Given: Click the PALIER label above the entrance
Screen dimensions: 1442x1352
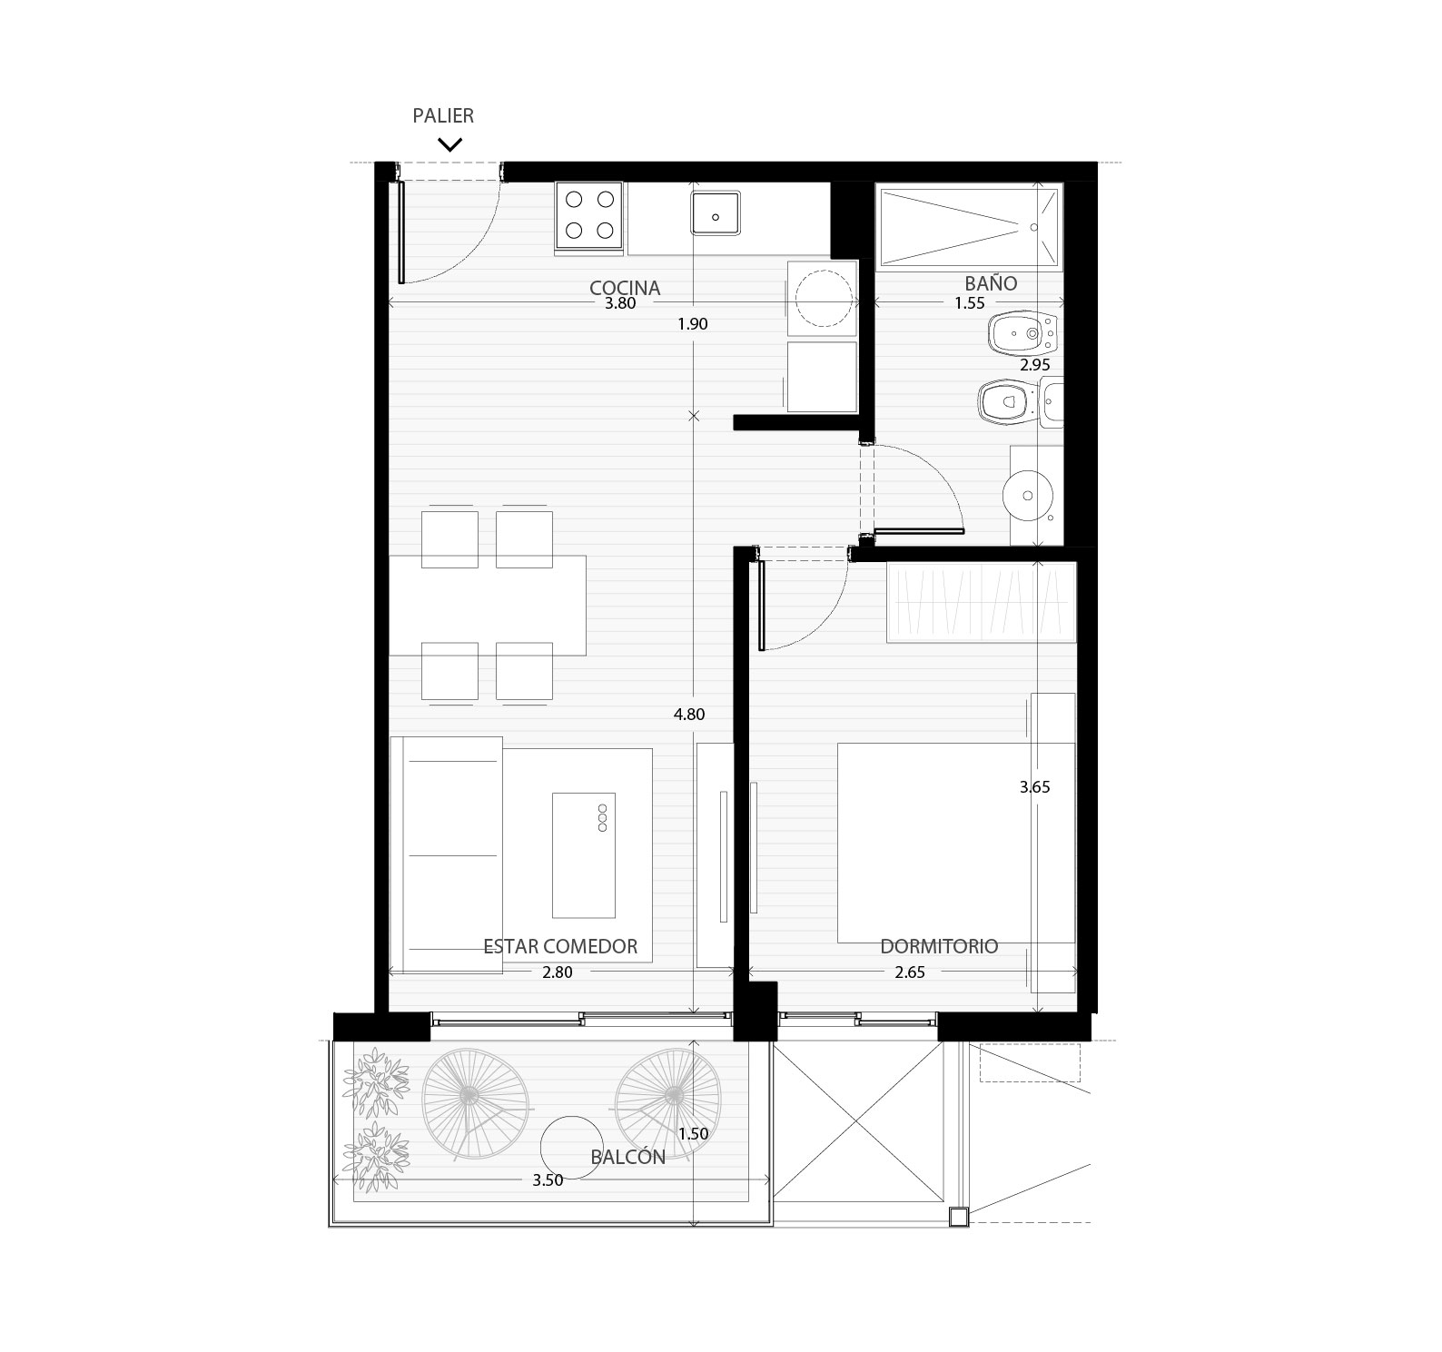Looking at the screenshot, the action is [x=443, y=115].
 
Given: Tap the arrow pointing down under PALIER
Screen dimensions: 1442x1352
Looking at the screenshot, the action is [x=449, y=143].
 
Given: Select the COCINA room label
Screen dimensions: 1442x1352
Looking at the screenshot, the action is [x=625, y=288].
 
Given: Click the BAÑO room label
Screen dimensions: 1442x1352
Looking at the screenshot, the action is [x=991, y=282].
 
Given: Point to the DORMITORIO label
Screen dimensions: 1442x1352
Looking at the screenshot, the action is [x=939, y=946].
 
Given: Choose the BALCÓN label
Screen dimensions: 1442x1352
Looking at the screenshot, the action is [x=627, y=1156].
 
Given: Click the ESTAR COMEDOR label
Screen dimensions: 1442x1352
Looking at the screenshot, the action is [x=560, y=946].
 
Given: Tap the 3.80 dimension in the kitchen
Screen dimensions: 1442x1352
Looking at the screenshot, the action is [x=620, y=304].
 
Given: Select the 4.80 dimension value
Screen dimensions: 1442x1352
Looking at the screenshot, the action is [x=689, y=715].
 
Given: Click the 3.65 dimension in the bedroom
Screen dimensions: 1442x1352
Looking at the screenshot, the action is [x=1034, y=787].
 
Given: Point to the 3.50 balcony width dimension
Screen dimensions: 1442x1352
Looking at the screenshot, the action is [x=548, y=1180].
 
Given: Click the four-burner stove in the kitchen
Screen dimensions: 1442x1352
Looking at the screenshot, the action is [x=588, y=216].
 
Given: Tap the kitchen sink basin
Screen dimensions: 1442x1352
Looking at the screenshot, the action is [x=716, y=215].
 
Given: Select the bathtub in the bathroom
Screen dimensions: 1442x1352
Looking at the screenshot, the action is [x=969, y=228].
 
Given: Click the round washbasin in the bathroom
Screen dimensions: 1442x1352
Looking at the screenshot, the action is [x=1027, y=496].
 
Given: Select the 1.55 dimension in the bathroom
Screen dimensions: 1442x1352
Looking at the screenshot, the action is [x=970, y=303].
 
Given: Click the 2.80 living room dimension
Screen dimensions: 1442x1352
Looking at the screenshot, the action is [x=557, y=972].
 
